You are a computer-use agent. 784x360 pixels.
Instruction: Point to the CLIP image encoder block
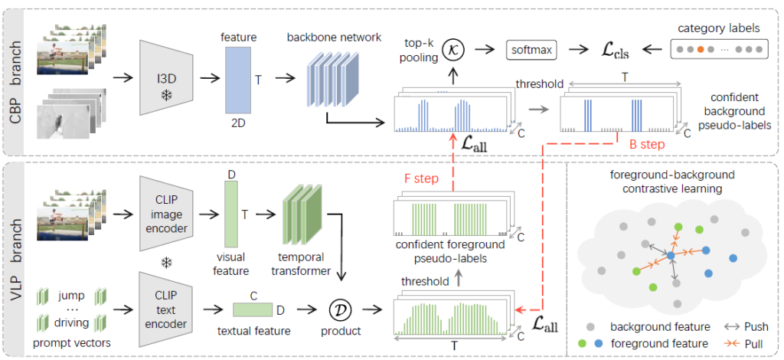pos(165,207)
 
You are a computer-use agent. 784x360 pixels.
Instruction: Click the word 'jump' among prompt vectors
pos(70,293)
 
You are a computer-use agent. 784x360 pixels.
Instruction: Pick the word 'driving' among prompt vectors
pos(71,322)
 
